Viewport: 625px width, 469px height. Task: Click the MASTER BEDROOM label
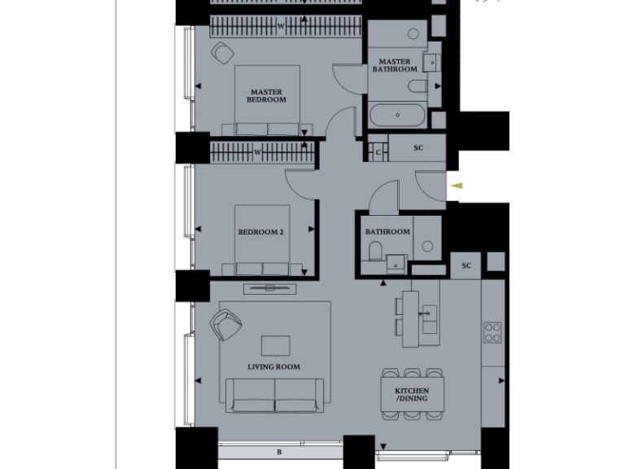267,96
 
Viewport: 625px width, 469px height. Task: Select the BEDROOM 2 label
260,232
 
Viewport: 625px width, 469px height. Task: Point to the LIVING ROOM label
273,367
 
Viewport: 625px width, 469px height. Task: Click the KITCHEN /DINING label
412,396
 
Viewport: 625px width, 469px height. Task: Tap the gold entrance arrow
457,186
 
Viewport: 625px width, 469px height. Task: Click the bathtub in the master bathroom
396,115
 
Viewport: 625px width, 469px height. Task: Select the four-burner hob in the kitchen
493,332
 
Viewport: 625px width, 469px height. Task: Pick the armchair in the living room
225,326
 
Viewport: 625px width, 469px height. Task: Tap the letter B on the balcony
279,452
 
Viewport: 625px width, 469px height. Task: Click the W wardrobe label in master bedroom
281,27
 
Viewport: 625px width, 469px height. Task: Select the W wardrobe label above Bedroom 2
257,151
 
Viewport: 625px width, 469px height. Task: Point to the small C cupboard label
378,151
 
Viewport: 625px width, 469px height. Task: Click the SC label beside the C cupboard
418,148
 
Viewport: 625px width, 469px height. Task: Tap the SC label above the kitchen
466,265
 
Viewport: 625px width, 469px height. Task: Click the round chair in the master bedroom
221,54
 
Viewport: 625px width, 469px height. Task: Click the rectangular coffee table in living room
275,345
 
